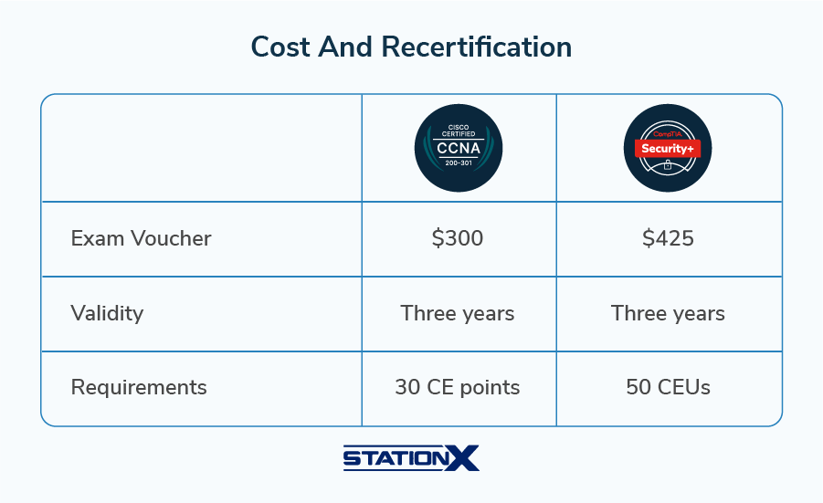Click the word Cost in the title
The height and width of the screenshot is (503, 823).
pos(280,47)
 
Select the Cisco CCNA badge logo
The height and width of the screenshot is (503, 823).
pos(459,148)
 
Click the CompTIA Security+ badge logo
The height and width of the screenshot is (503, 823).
pos(668,148)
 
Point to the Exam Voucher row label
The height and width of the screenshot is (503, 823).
pos(141,239)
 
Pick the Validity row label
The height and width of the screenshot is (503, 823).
pos(107,313)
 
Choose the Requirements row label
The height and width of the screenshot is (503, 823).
pos(139,387)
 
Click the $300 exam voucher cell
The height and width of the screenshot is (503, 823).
pos(458,239)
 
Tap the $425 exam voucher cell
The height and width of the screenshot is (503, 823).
pos(668,239)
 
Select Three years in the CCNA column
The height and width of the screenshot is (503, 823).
pos(458,313)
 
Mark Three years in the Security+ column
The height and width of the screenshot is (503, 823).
pos(668,313)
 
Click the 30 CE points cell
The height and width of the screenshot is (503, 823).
pos(458,387)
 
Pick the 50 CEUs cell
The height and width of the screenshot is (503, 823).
pos(668,387)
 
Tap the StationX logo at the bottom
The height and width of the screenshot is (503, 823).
pos(411,457)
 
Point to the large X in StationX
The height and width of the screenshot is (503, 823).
pos(464,457)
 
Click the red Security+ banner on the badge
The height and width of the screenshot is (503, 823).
pos(668,148)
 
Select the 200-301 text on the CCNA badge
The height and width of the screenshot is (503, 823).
pos(459,164)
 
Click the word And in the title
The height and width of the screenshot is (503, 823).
pos(346,47)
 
